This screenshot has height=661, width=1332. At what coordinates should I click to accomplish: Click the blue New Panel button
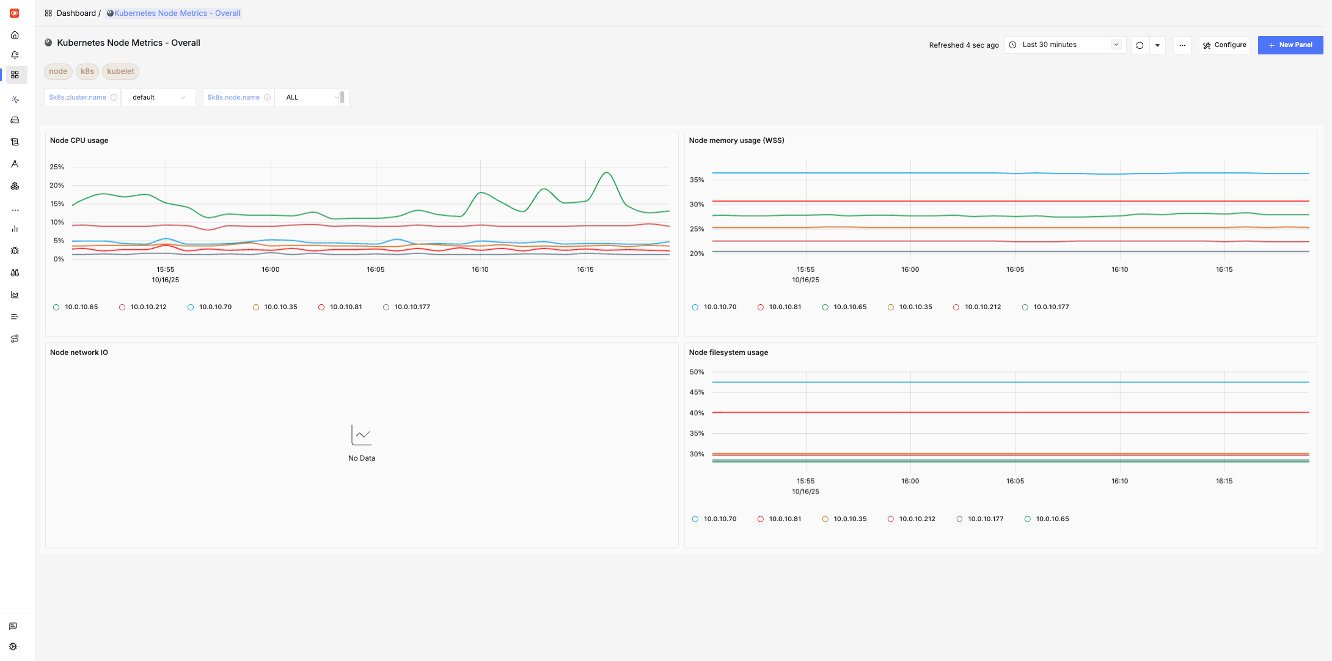[1290, 45]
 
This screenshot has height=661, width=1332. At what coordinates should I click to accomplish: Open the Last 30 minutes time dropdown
[1065, 45]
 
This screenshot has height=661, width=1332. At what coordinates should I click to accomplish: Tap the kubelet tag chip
[120, 71]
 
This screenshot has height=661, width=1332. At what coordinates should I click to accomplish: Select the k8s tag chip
[87, 71]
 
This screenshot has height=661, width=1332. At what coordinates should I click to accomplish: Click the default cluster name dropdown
[158, 98]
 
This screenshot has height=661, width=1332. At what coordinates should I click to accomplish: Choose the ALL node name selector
[310, 98]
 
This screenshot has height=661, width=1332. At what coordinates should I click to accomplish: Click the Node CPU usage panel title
[79, 141]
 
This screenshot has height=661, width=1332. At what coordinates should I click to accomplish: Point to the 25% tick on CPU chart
[57, 167]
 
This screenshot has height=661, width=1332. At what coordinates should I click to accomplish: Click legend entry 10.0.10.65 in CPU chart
[81, 307]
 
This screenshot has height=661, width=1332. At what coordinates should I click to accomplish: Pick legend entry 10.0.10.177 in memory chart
[1050, 307]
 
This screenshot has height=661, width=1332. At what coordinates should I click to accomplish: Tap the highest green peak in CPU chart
[606, 173]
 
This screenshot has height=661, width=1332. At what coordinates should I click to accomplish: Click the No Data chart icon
[362, 435]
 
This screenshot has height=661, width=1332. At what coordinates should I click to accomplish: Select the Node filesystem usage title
[728, 352]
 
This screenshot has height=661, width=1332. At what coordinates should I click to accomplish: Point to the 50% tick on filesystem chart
[697, 372]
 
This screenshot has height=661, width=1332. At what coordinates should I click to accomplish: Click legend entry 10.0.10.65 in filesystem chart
[1052, 519]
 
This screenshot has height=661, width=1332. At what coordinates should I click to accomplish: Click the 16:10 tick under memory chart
[1119, 269]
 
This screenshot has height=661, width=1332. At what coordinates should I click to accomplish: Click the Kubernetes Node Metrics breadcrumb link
[177, 13]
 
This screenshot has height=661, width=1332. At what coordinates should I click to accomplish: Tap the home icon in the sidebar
[15, 35]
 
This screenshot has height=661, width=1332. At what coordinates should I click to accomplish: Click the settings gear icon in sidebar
[13, 646]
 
